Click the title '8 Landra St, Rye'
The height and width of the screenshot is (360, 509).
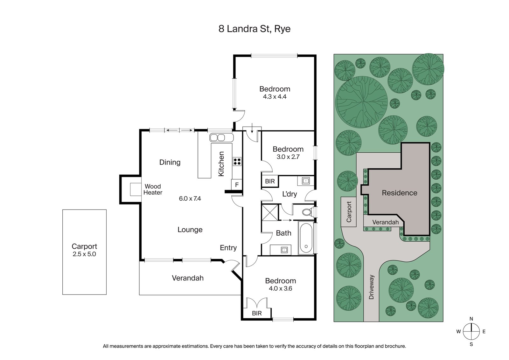point(254,29)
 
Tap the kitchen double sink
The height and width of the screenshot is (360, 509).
point(221,138)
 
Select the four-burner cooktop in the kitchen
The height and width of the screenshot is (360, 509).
point(237,162)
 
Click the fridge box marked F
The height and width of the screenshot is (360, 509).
point(237,184)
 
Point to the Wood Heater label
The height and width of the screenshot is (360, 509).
point(153,189)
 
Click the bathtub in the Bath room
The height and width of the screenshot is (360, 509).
point(306,238)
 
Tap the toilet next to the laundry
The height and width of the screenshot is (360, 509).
point(307,212)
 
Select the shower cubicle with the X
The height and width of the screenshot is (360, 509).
point(270,212)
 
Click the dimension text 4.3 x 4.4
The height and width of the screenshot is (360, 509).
point(275,97)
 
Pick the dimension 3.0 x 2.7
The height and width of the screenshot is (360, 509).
point(288,157)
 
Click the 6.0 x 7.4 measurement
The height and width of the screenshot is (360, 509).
point(190,198)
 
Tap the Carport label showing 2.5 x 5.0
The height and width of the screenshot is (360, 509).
point(84,250)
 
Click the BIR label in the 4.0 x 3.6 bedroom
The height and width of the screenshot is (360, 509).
point(257,313)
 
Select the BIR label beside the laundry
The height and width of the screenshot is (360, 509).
point(270,181)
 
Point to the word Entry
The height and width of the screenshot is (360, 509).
point(228,248)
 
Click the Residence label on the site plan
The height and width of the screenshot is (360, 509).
point(399,193)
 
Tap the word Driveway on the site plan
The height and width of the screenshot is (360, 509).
point(371,287)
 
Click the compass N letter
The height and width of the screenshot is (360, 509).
point(471,319)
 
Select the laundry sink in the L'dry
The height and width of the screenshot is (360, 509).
point(306,181)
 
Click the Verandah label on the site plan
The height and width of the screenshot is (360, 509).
point(385,222)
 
